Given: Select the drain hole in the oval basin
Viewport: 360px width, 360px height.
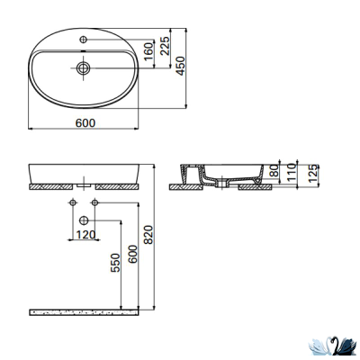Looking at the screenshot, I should pyautogui.click(x=84, y=67).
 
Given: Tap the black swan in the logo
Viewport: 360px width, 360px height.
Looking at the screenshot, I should pyautogui.click(x=337, y=344).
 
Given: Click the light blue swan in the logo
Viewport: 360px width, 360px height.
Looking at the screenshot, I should pyautogui.click(x=319, y=344).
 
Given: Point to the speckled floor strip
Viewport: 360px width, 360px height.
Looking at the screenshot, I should pyautogui.click(x=85, y=311).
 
